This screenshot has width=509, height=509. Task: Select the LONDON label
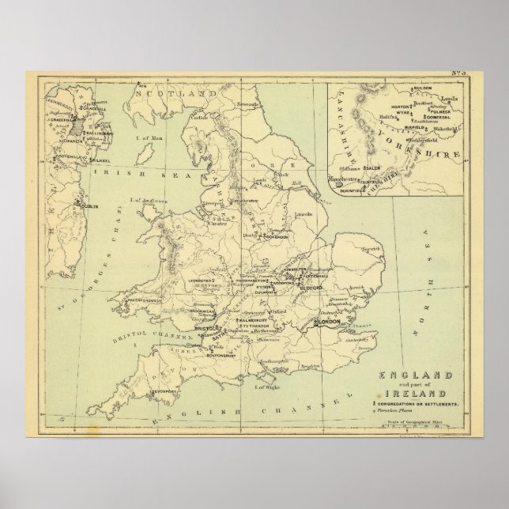coord(329,323)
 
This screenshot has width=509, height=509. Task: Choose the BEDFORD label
coord(312,288)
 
